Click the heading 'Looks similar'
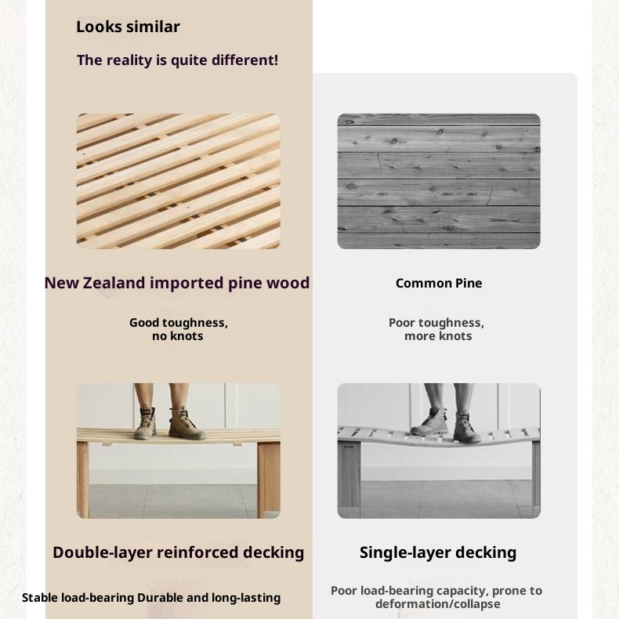pyautogui.click(x=128, y=27)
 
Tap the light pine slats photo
pyautogui.click(x=178, y=181)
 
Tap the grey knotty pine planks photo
pyautogui.click(x=438, y=181)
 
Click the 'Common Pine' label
pyautogui.click(x=438, y=283)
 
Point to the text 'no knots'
pyautogui.click(x=178, y=336)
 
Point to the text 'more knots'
pyautogui.click(x=438, y=336)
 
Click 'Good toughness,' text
pyautogui.click(x=178, y=323)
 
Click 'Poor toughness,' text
pyautogui.click(x=436, y=323)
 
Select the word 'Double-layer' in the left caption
pyautogui.click(x=102, y=552)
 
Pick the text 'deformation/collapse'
pyautogui.click(x=437, y=604)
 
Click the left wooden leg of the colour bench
pyautogui.click(x=83, y=478)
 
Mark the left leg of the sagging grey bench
pyautogui.click(x=349, y=478)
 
